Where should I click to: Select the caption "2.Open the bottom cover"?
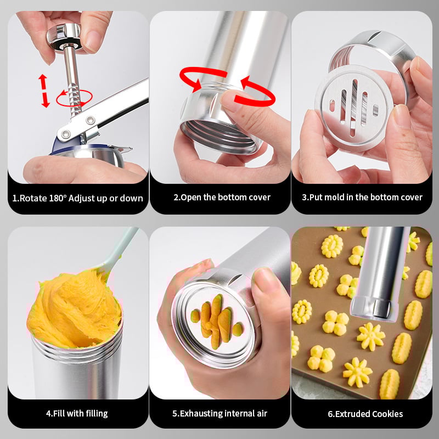(222, 198)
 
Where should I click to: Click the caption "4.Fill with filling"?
(76, 413)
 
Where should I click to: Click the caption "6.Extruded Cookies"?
(365, 414)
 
